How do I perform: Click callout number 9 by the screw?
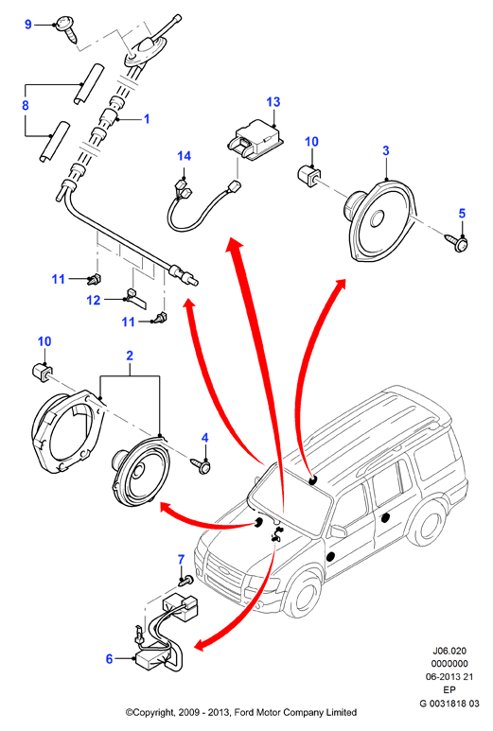pos(28,24)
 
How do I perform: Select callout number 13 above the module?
pos(273,101)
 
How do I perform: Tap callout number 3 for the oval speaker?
pos(386,150)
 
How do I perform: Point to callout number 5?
pos(462,213)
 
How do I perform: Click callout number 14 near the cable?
pos(185,156)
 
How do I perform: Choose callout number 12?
pos(94,300)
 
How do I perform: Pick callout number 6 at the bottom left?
pos(109,659)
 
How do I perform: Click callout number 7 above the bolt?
pos(182,559)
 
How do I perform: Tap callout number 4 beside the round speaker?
pos(204,438)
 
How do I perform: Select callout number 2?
pos(130,356)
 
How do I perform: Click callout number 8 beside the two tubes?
pos(26,105)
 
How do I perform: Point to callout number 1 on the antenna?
pos(147,119)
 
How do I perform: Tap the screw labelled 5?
pos(459,242)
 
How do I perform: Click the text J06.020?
pos(449,651)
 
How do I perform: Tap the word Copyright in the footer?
pos(153,712)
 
